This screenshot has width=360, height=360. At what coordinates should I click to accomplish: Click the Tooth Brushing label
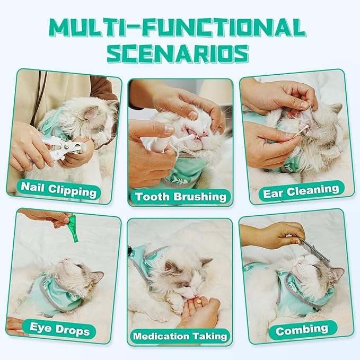[x=180, y=197]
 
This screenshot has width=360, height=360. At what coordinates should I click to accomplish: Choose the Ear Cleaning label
[x=301, y=190]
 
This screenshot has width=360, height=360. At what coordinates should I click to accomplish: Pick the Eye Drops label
[x=59, y=331]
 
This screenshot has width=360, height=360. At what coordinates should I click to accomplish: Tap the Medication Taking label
[x=180, y=336]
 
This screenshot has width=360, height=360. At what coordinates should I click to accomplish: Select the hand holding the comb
[x=270, y=234]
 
